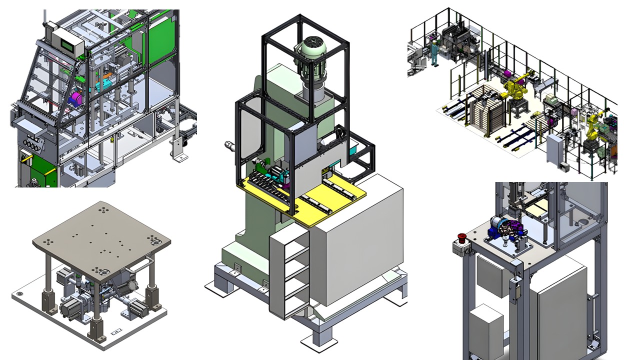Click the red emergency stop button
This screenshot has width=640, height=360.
click(x=461, y=236)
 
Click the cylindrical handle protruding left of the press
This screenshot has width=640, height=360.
click(x=230, y=146)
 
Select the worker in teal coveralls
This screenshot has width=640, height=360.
click(x=434, y=52)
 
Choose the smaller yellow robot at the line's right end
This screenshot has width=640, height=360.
click(x=594, y=127)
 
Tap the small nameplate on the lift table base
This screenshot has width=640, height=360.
click(x=116, y=331)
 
